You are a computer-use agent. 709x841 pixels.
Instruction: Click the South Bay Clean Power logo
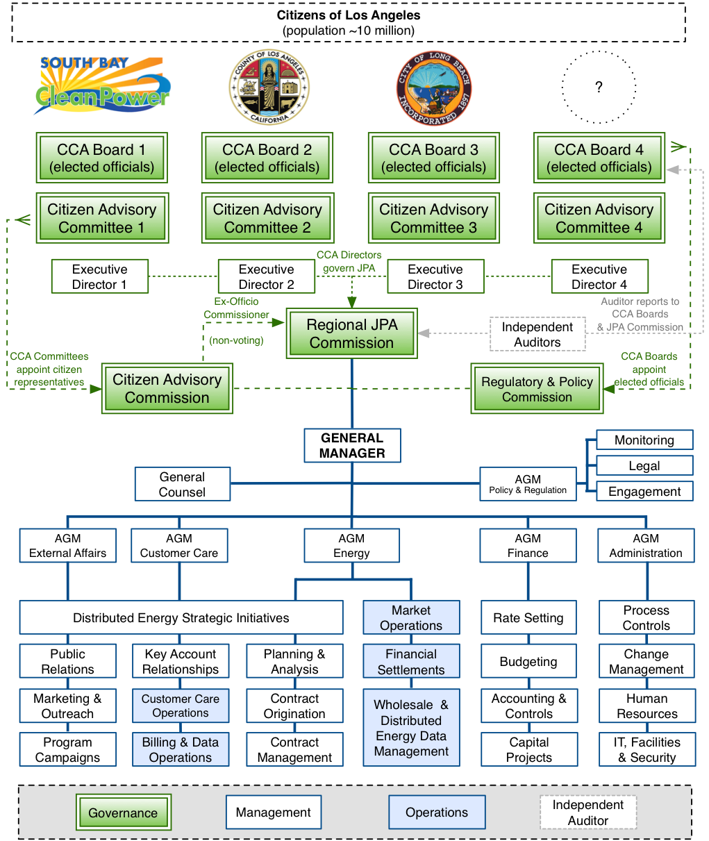click(x=102, y=86)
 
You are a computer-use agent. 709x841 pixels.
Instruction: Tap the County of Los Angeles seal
click(x=269, y=87)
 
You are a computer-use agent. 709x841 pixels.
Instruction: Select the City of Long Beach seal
click(x=434, y=88)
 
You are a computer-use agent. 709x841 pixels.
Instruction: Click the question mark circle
click(x=599, y=88)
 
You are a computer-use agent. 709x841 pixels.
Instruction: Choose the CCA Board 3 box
click(x=433, y=158)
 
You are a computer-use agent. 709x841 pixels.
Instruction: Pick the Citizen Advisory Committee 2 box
click(x=267, y=218)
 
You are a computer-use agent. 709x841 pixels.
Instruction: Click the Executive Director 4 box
click(x=599, y=276)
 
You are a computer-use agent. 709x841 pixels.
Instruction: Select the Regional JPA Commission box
click(x=351, y=334)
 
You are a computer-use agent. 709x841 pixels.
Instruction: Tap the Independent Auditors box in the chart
click(x=537, y=334)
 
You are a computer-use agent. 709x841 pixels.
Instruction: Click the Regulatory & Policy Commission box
click(x=537, y=389)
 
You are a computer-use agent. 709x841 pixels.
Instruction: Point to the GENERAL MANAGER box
click(x=352, y=446)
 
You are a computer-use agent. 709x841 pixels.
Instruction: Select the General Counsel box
click(x=182, y=484)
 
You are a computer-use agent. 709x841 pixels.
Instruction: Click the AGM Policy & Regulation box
click(x=528, y=484)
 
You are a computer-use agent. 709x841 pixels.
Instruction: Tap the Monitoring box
click(x=644, y=440)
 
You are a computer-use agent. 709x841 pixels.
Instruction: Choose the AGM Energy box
click(x=351, y=546)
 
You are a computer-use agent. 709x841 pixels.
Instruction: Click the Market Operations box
click(x=411, y=617)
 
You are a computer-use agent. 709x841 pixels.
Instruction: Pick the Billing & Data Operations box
click(x=181, y=750)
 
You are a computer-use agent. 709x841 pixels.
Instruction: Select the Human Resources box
click(x=647, y=706)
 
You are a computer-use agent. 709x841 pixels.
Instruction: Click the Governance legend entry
click(x=123, y=813)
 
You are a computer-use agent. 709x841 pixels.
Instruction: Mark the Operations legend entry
click(x=436, y=813)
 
